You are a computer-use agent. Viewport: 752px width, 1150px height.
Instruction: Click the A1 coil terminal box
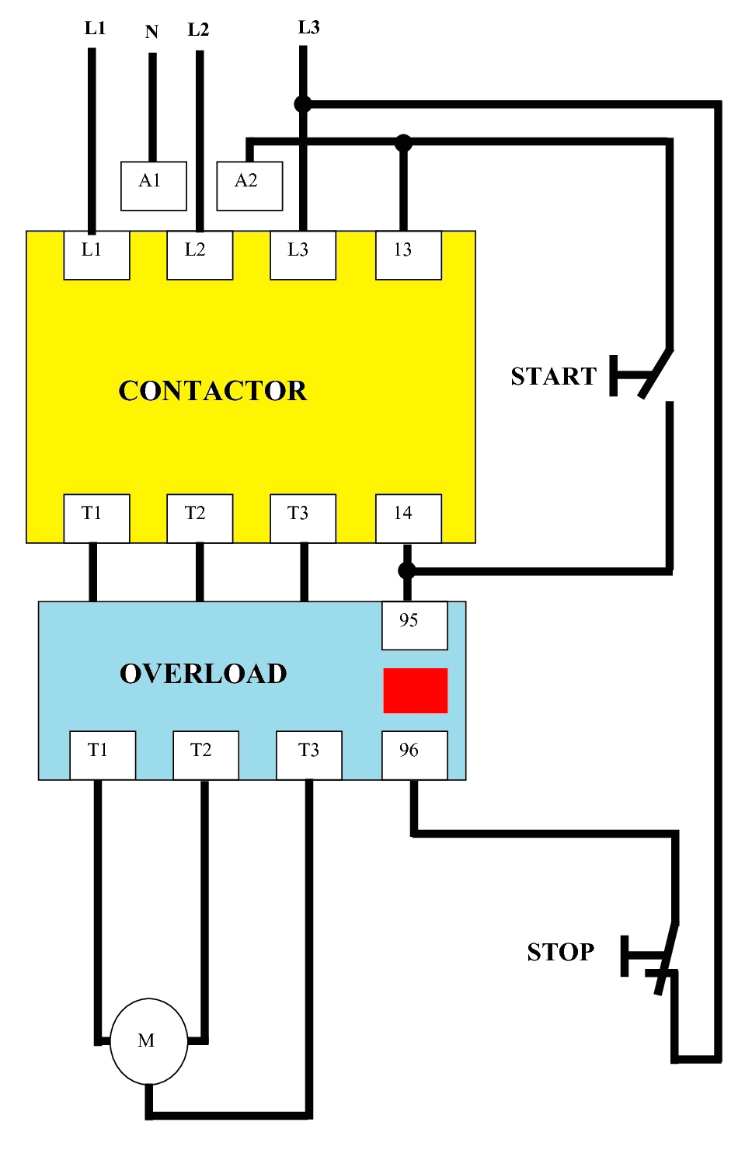click(x=153, y=186)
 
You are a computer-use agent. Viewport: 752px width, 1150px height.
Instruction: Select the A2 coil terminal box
click(x=249, y=186)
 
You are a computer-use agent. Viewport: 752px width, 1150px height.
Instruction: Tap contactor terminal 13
click(x=409, y=255)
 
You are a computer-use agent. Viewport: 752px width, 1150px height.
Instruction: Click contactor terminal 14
click(x=409, y=518)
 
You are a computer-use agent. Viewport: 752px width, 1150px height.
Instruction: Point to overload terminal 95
click(x=415, y=625)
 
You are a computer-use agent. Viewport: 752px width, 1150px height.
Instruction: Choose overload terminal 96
click(x=415, y=754)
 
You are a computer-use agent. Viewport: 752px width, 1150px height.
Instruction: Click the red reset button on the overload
click(x=416, y=691)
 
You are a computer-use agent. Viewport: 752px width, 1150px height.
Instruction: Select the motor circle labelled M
click(x=148, y=1041)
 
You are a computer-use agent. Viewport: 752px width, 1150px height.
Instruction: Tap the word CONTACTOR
click(x=212, y=391)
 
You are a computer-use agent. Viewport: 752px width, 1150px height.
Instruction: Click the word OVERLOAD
click(x=204, y=674)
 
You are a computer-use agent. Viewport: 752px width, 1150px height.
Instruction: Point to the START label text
click(x=554, y=376)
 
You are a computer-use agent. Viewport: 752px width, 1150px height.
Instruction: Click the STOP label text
click(x=561, y=952)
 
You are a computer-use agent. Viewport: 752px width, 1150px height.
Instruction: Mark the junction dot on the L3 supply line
click(x=303, y=104)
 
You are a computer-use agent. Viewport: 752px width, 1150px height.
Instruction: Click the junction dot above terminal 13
click(x=403, y=143)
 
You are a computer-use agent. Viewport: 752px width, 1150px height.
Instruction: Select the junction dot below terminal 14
click(x=406, y=571)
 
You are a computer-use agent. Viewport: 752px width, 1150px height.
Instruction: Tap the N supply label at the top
click(x=152, y=32)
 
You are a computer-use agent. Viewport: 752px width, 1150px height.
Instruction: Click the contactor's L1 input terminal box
click(x=96, y=255)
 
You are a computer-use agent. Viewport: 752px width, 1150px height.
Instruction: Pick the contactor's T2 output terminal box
click(x=200, y=518)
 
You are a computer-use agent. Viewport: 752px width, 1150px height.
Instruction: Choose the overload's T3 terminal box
click(x=309, y=754)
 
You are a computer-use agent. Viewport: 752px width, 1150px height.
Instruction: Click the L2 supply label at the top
click(x=199, y=30)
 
